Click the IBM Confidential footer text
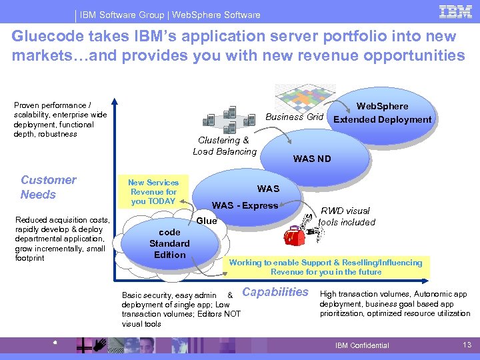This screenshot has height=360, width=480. point(361,345)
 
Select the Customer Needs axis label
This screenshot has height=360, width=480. point(48,187)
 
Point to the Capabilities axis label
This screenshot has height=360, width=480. point(275,291)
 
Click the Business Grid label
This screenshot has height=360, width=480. point(294,117)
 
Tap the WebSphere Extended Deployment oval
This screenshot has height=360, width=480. point(382,113)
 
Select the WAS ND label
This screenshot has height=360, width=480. point(312,159)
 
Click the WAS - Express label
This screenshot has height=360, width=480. point(245,205)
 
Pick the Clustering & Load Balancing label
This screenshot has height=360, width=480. point(225,145)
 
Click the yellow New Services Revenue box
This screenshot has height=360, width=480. point(153,192)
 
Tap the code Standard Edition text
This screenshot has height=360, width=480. point(169,243)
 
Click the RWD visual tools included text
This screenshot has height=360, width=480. point(347,216)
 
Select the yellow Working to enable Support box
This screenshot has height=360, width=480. point(325,267)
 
